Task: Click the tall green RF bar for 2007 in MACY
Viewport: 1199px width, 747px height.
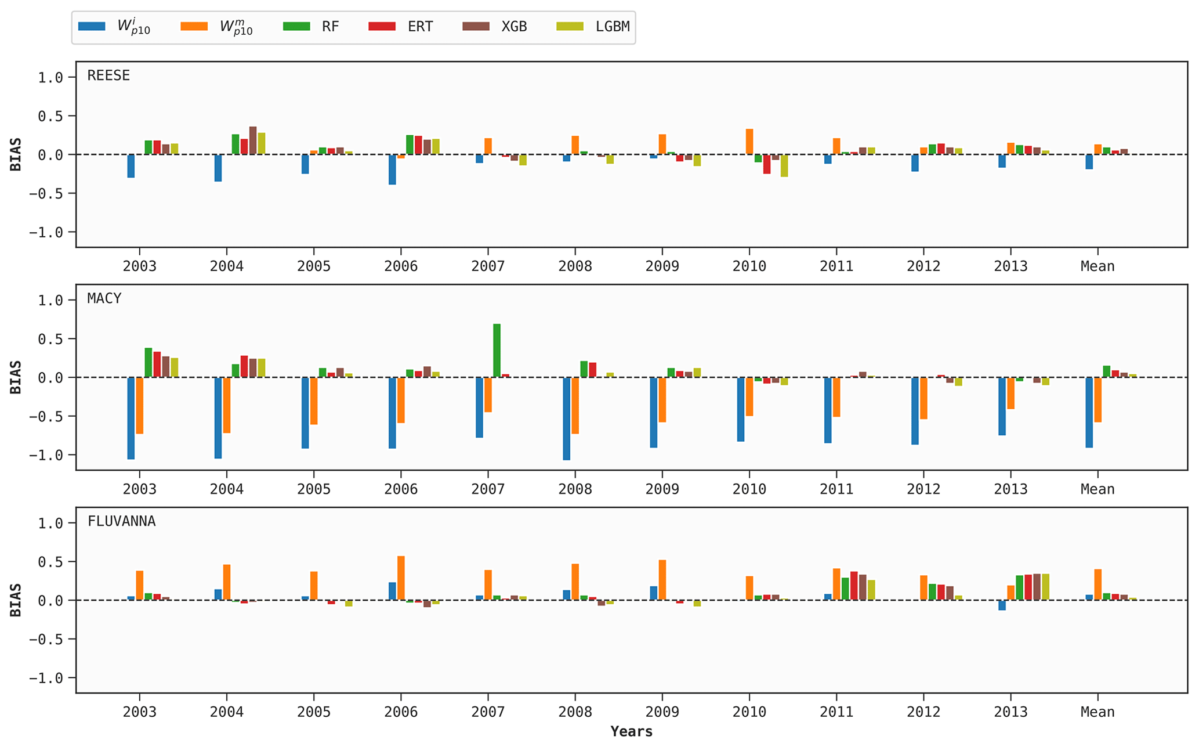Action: (x=497, y=351)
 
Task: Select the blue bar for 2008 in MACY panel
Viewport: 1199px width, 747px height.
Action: (x=566, y=418)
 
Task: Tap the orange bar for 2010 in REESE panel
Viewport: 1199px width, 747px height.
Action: (x=749, y=142)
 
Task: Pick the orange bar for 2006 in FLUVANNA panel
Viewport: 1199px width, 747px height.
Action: (x=401, y=578)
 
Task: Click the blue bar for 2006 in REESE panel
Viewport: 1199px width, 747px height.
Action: (x=392, y=169)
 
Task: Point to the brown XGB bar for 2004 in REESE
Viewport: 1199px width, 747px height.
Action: (x=253, y=140)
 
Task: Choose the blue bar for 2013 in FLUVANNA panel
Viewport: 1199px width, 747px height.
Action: (x=1002, y=605)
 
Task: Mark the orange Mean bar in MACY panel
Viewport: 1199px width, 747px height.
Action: (x=1097, y=400)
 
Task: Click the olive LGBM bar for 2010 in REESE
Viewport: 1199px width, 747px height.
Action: (x=784, y=165)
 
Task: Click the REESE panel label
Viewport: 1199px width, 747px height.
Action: (x=108, y=75)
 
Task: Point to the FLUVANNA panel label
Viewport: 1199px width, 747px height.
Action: (x=121, y=521)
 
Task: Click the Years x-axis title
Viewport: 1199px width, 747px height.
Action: (x=631, y=731)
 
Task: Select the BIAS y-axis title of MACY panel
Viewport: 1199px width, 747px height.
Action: (x=16, y=377)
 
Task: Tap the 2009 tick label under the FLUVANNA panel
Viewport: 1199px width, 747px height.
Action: (x=662, y=712)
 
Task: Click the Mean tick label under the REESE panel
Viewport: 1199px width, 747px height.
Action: (x=1097, y=266)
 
